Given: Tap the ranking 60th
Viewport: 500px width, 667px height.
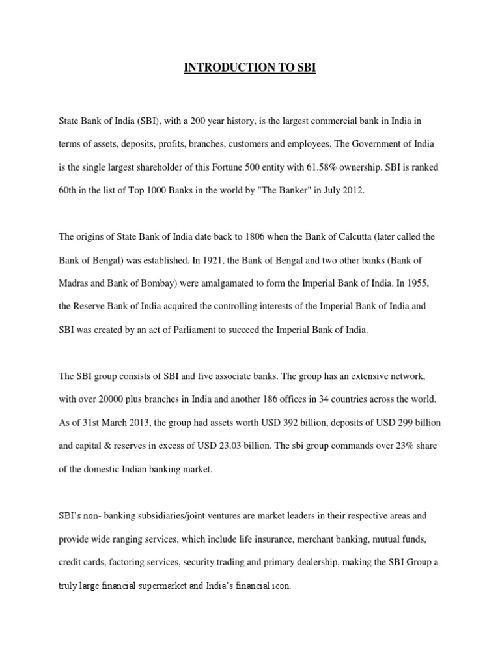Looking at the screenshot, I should point(68,190).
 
